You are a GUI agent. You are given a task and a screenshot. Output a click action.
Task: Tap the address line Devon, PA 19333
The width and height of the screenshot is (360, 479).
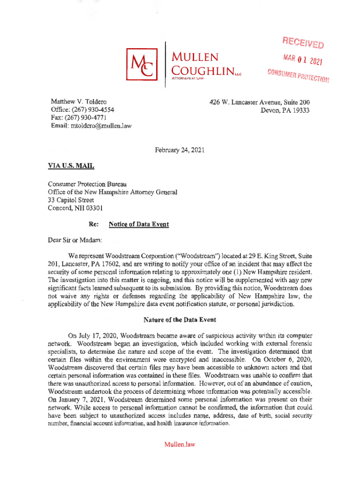click(x=286, y=110)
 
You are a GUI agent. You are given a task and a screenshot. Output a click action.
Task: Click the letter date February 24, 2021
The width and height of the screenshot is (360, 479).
click(x=180, y=150)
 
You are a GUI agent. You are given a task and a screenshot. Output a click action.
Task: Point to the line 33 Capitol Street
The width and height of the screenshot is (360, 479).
click(x=71, y=200)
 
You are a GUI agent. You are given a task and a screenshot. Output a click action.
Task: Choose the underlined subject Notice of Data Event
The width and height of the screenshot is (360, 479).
click(x=139, y=224)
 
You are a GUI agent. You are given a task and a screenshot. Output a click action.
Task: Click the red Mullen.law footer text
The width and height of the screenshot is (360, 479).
click(x=179, y=444)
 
